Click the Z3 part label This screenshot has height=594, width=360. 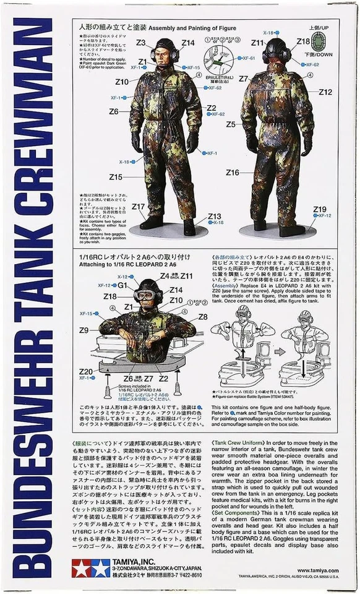pyautogui.click(x=140, y=43)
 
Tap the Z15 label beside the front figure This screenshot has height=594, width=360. pyautogui.click(x=116, y=177)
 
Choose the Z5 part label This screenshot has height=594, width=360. pyautogui.click(x=231, y=124)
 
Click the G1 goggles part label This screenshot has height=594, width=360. pyautogui.click(x=122, y=285)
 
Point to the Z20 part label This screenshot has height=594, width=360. pyautogui.click(x=86, y=371)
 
